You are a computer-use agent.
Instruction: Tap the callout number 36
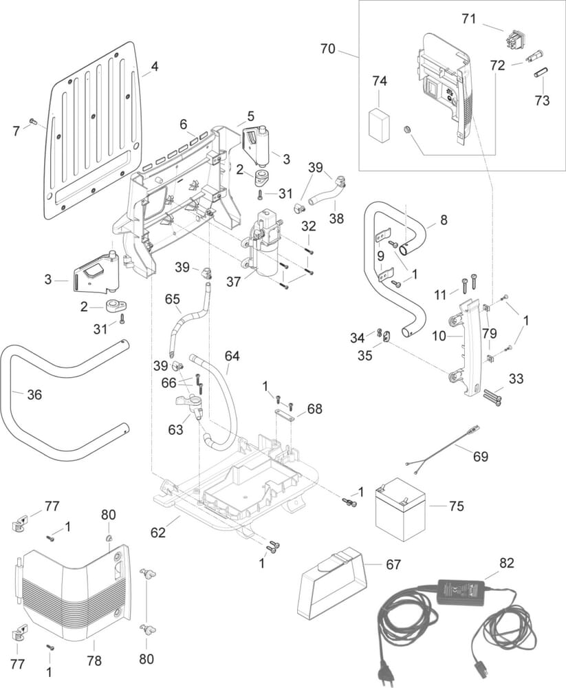(x=34, y=395)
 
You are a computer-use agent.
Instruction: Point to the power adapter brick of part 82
(x=461, y=590)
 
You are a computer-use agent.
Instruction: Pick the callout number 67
(x=393, y=564)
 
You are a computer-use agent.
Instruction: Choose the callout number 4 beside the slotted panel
(x=154, y=67)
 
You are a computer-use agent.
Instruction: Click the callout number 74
(x=380, y=81)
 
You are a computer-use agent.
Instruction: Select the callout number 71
(x=468, y=19)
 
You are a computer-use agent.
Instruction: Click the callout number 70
(x=328, y=49)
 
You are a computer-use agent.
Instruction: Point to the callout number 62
(x=159, y=531)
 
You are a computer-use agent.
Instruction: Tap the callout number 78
(x=94, y=661)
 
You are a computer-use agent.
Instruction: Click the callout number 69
(x=481, y=455)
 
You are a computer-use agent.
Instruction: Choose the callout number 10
(x=439, y=336)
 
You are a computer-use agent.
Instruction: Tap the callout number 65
(x=172, y=299)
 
